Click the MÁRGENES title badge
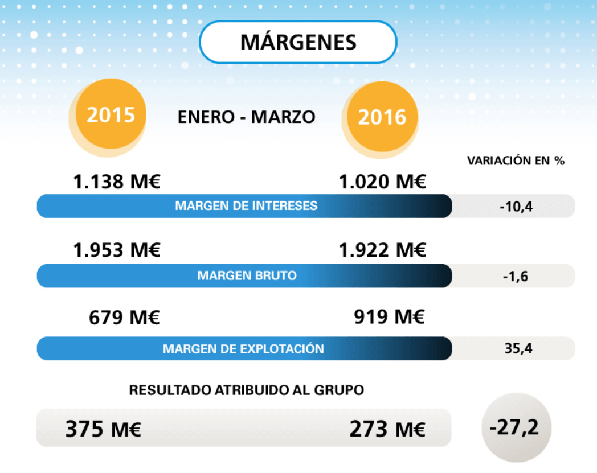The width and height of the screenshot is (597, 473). tap(298, 42)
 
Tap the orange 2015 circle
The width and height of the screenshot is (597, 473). tap(111, 114)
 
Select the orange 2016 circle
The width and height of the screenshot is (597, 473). tap(382, 117)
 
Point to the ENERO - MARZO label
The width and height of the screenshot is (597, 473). tap(246, 117)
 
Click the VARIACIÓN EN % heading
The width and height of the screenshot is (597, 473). tap(516, 161)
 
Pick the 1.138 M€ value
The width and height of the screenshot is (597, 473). tap(117, 183)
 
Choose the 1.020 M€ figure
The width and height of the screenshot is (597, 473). tap(382, 183)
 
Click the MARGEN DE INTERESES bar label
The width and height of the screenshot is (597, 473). tap(246, 205)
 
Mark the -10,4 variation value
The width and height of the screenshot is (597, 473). tap(516, 206)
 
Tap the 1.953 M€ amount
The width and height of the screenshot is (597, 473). tap(117, 250)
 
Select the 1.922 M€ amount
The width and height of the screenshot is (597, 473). tap(382, 250)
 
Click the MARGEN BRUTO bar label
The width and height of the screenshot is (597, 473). tap(247, 276)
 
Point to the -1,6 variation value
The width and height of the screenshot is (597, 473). tap(516, 276)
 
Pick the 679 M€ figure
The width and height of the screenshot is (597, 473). tap(124, 317)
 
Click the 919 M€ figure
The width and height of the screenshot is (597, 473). tap(389, 317)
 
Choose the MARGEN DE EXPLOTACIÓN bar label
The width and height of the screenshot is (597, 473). tap(243, 348)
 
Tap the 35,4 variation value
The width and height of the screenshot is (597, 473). tap(518, 348)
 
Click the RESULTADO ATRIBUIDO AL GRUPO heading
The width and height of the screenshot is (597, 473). tap(246, 390)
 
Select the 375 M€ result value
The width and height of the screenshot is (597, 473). tap(103, 429)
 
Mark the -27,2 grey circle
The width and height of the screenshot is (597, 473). tap(516, 427)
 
